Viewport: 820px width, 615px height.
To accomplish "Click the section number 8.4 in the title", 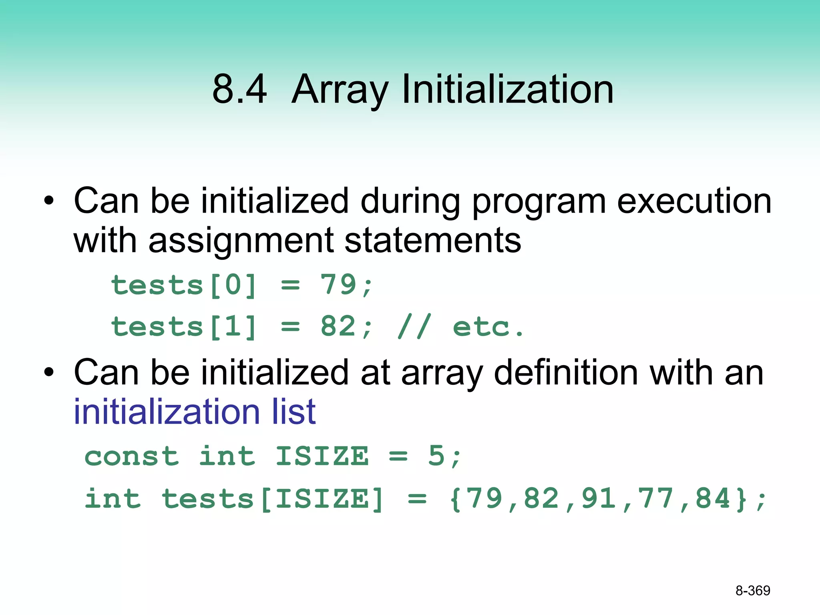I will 239,89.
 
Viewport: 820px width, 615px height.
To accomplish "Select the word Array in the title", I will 340,90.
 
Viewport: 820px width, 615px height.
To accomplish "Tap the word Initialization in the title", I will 507,89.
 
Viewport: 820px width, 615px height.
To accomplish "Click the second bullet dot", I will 48,372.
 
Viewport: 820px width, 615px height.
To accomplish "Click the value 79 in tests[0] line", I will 338,285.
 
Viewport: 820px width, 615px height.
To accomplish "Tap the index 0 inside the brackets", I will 233,285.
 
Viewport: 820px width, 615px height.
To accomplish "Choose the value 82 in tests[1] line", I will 338,326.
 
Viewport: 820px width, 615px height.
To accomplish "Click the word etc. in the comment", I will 488,327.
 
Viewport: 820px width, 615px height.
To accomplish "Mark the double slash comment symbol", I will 415,326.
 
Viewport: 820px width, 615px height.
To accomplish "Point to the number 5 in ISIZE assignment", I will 436,456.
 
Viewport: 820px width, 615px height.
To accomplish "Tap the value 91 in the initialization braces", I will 599,498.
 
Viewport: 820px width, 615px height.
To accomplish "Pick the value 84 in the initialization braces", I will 713,498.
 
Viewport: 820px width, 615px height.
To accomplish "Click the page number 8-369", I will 753,591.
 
